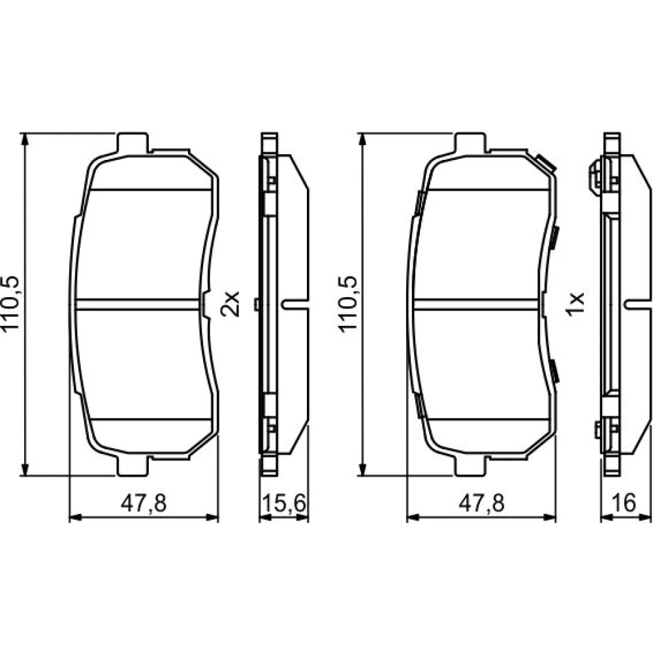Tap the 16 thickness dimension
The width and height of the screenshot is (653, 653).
pyautogui.click(x=624, y=503)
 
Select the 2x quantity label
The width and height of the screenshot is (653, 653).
pyautogui.click(x=231, y=304)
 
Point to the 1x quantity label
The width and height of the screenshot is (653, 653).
pyautogui.click(x=577, y=304)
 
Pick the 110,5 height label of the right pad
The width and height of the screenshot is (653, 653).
pyautogui.click(x=349, y=304)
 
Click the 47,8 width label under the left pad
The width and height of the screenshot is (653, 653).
pyautogui.click(x=144, y=503)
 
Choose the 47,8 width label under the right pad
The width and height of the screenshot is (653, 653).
pyautogui.click(x=481, y=503)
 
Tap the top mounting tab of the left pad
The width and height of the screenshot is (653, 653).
pyautogui.click(x=133, y=143)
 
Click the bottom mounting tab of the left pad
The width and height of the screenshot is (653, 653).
pyautogui.click(x=133, y=466)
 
